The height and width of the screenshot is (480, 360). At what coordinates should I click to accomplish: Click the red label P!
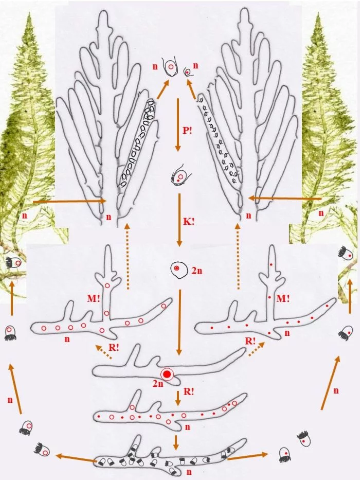pyautogui.click(x=187, y=131)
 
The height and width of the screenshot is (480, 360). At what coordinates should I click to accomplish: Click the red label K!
pyautogui.click(x=189, y=222)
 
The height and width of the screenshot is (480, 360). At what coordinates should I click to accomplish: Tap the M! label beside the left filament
pyautogui.click(x=94, y=298)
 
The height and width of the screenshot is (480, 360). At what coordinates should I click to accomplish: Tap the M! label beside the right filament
pyautogui.click(x=283, y=298)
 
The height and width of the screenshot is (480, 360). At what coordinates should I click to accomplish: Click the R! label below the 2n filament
pyautogui.click(x=189, y=392)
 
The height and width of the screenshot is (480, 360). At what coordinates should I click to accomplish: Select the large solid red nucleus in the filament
pyautogui.click(x=167, y=374)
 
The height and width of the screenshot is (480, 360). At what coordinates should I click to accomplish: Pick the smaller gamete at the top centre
pyautogui.click(x=187, y=72)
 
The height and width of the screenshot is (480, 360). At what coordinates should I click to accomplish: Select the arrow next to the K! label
pyautogui.click(x=179, y=220)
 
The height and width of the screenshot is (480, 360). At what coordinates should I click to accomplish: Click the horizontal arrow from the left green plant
pyautogui.click(x=69, y=201)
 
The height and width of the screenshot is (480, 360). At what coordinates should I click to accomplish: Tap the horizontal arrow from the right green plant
pyautogui.click(x=285, y=199)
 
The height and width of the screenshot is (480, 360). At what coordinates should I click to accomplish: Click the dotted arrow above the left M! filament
pyautogui.click(x=128, y=256)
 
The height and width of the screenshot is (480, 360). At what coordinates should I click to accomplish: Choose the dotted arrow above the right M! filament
pyautogui.click(x=237, y=256)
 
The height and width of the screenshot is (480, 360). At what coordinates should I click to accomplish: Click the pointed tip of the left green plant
pyautogui.click(x=29, y=13)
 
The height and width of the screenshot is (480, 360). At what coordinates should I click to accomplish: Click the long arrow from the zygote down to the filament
pyautogui.click(x=179, y=323)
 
